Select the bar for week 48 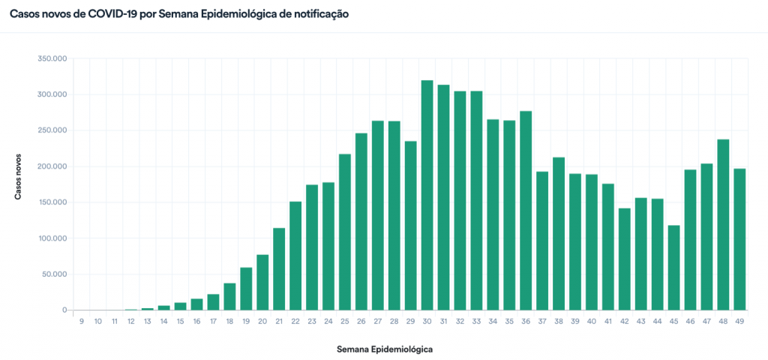click(723, 225)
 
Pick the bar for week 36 click(526, 211)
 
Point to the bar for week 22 click(295, 256)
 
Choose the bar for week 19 click(246, 289)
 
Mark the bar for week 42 click(625, 259)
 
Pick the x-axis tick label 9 click(81, 321)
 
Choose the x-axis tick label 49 click(739, 321)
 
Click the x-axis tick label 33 click(476, 321)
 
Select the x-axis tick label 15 click(180, 321)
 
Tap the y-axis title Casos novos click(17, 178)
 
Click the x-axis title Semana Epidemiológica click(385, 349)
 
